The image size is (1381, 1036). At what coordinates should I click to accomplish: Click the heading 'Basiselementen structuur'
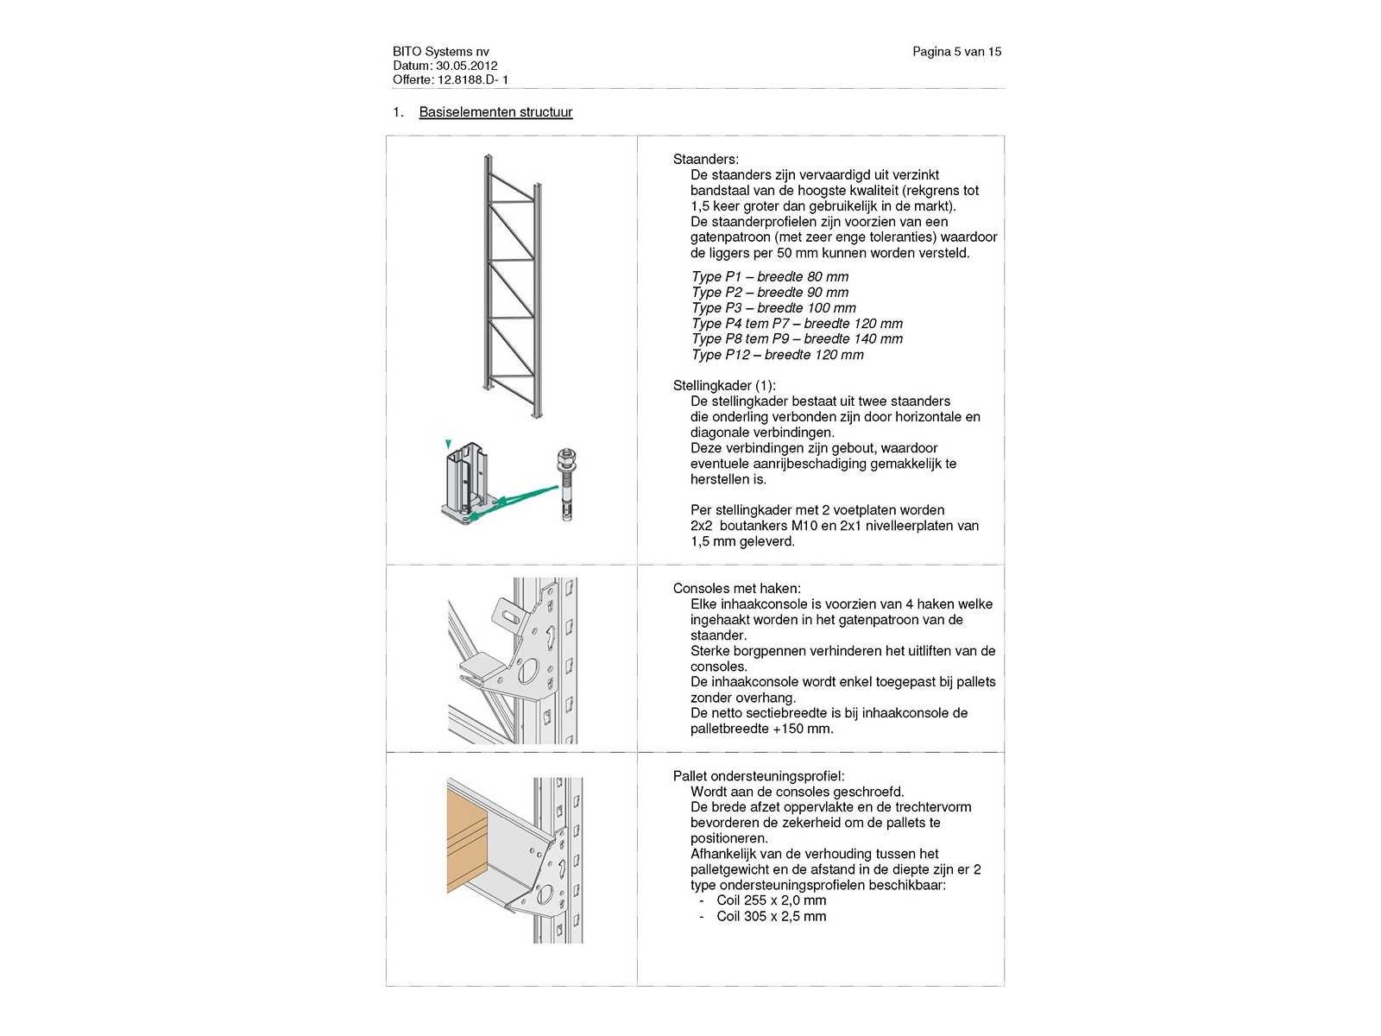(x=495, y=112)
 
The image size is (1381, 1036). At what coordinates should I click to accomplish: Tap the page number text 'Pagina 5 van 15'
(x=956, y=52)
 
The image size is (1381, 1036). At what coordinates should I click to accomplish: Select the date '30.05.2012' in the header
(x=466, y=66)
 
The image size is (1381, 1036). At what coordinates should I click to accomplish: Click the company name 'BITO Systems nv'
(x=440, y=52)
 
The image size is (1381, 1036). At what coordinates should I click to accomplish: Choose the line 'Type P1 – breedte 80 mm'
(x=769, y=277)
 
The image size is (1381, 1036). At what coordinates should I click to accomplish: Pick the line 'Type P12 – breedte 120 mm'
(x=777, y=355)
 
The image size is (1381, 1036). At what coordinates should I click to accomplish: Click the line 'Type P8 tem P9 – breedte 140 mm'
(x=797, y=339)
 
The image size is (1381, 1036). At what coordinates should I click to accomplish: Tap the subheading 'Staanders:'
(x=705, y=160)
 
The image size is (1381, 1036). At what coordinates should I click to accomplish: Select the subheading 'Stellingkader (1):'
(x=724, y=386)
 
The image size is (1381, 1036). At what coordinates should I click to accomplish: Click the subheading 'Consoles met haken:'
(x=736, y=589)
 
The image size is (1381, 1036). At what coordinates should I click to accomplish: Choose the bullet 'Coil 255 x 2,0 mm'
(x=771, y=901)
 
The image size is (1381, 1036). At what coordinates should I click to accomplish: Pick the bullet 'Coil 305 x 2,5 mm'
(x=771, y=917)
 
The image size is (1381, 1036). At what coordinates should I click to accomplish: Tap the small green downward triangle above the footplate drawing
(x=447, y=444)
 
